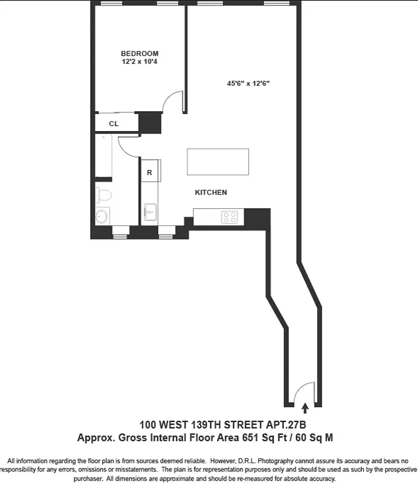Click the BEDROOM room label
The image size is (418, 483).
(x=140, y=53)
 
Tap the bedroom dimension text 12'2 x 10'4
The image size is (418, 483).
(x=140, y=62)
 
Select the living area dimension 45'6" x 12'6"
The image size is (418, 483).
(x=248, y=84)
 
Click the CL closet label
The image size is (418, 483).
(x=114, y=124)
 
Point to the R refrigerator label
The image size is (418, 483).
(x=149, y=173)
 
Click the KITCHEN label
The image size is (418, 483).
(x=211, y=193)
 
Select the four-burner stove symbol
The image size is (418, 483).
(x=230, y=216)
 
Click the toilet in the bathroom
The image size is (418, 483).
(x=102, y=194)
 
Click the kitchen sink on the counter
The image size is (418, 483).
(x=150, y=213)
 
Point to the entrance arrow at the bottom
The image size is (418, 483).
(x=304, y=409)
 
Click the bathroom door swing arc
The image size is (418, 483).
(x=128, y=145)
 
